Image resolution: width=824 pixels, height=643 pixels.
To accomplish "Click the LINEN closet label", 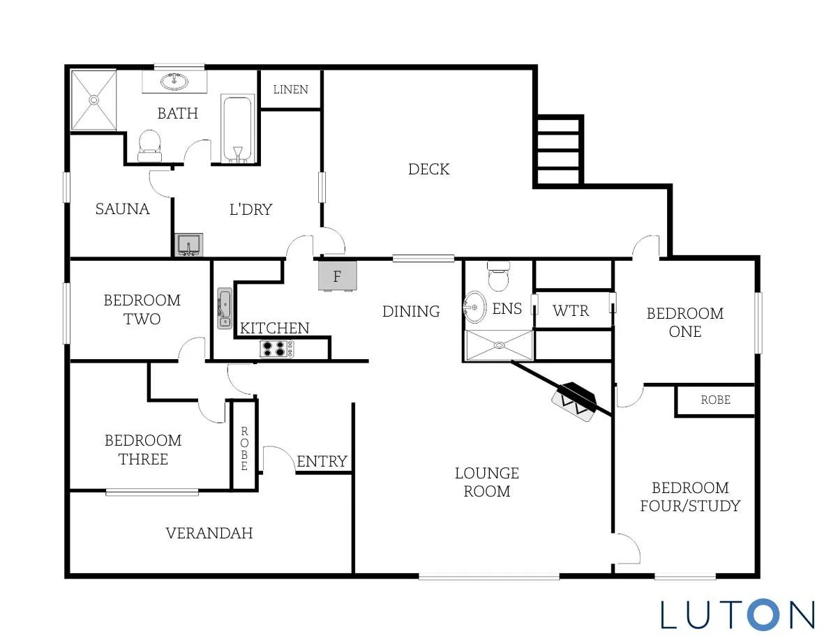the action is [x=291, y=89].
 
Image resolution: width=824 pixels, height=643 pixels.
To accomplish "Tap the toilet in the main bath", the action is [x=150, y=146].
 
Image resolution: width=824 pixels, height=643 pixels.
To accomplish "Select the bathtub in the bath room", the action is [x=237, y=129].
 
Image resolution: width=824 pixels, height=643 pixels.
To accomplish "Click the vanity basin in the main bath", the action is [x=174, y=82].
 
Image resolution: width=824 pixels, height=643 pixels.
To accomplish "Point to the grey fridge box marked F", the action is [x=338, y=275].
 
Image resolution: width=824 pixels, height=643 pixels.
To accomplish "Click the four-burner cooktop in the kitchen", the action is [x=276, y=349].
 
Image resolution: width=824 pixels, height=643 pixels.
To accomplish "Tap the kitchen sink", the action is [x=225, y=308].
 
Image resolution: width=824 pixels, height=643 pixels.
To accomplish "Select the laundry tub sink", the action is [x=188, y=245].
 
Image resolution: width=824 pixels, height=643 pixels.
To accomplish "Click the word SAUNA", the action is [x=122, y=209].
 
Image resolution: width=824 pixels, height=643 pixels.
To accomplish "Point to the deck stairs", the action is [x=558, y=151].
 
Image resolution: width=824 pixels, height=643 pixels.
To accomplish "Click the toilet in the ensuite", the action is [x=498, y=275].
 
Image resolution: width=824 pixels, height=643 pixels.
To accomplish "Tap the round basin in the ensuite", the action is [x=475, y=308].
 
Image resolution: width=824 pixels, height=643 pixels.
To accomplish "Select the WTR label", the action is [x=571, y=311].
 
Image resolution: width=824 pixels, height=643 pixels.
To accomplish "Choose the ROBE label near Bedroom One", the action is [x=716, y=400].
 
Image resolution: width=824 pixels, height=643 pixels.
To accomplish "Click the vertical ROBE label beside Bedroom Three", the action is [x=244, y=448].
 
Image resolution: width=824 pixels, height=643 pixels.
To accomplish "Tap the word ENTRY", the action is [x=322, y=461].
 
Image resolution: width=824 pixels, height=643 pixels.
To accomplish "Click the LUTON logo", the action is [x=737, y=614].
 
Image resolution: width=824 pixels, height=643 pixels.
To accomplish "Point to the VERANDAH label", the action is [x=209, y=534].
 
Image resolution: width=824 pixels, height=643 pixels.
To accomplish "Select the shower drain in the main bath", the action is [x=93, y=100].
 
